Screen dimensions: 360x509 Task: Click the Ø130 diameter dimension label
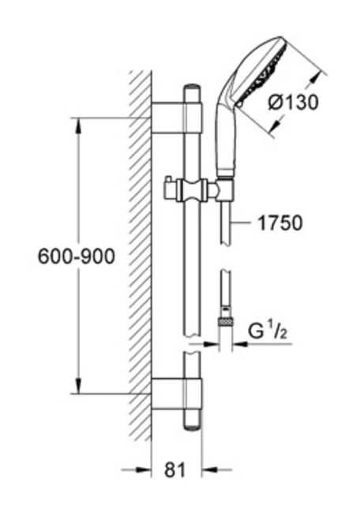point(293,103)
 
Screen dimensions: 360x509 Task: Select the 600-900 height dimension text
point(77,256)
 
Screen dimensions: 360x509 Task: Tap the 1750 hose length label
point(279,223)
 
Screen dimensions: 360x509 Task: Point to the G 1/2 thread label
point(268,331)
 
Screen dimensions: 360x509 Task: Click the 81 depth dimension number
point(175,470)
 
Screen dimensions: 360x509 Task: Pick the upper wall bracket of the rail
point(177,118)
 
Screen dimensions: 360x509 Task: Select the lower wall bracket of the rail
point(177,393)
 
